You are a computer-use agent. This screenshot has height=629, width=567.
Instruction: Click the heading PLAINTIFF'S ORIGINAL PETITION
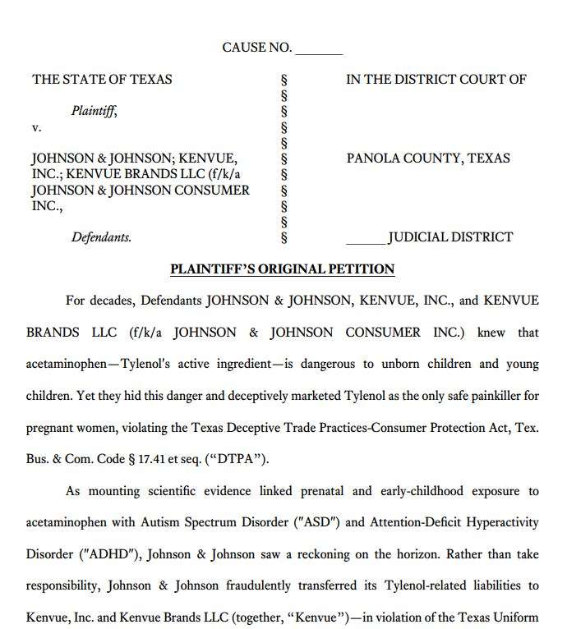pyautogui.click(x=282, y=269)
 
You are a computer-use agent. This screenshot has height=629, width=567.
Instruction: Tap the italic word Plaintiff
pyautogui.click(x=93, y=111)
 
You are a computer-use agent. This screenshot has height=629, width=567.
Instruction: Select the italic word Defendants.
pyautogui.click(x=101, y=237)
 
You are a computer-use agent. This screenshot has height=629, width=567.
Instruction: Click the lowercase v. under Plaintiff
pyautogui.click(x=37, y=127)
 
